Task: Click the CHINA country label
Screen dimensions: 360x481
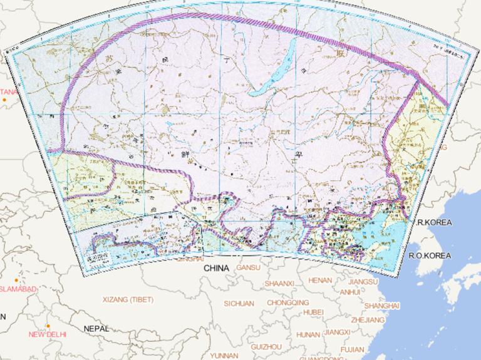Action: coord(216,268)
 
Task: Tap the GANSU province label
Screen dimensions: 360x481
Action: coord(248,268)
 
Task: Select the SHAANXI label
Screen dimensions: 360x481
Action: coord(279,284)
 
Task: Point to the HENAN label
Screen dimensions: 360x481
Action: coord(320,280)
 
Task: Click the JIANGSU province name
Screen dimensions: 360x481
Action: coord(363,282)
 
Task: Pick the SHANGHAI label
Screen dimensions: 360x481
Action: coord(381,305)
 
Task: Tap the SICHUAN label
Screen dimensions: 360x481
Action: coord(239,304)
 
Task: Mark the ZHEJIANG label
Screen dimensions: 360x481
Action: coord(368,319)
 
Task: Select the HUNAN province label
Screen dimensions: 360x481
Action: coord(308,334)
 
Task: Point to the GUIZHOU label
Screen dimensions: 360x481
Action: coord(266,346)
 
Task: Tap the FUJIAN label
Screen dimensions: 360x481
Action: coord(353,349)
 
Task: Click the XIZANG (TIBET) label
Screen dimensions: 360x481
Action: coord(128,300)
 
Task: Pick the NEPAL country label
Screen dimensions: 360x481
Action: coord(97,328)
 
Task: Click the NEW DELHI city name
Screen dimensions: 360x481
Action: coord(48,334)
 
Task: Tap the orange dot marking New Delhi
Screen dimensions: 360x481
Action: coord(48,326)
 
